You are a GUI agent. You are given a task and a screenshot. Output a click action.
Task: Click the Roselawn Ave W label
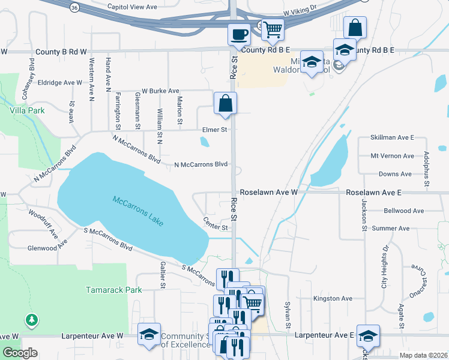click(x=268, y=193)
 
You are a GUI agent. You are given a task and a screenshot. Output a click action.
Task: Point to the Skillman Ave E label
click(x=393, y=137)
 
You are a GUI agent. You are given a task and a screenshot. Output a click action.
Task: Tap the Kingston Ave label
click(x=333, y=298)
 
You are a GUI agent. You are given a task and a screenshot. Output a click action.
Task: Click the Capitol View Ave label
click(x=131, y=7)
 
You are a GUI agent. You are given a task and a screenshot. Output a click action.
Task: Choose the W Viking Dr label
click(x=303, y=11)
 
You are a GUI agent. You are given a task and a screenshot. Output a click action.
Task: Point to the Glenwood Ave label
click(x=47, y=248)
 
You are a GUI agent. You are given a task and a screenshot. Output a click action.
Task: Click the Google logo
click(x=20, y=353)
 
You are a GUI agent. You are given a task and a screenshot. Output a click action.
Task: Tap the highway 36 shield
click(x=74, y=7)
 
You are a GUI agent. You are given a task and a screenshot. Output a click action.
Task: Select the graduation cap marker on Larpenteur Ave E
click(x=367, y=335)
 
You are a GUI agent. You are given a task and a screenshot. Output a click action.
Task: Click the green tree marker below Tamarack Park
click(x=31, y=320)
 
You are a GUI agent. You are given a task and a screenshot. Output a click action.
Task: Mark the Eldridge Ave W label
click(x=59, y=82)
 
